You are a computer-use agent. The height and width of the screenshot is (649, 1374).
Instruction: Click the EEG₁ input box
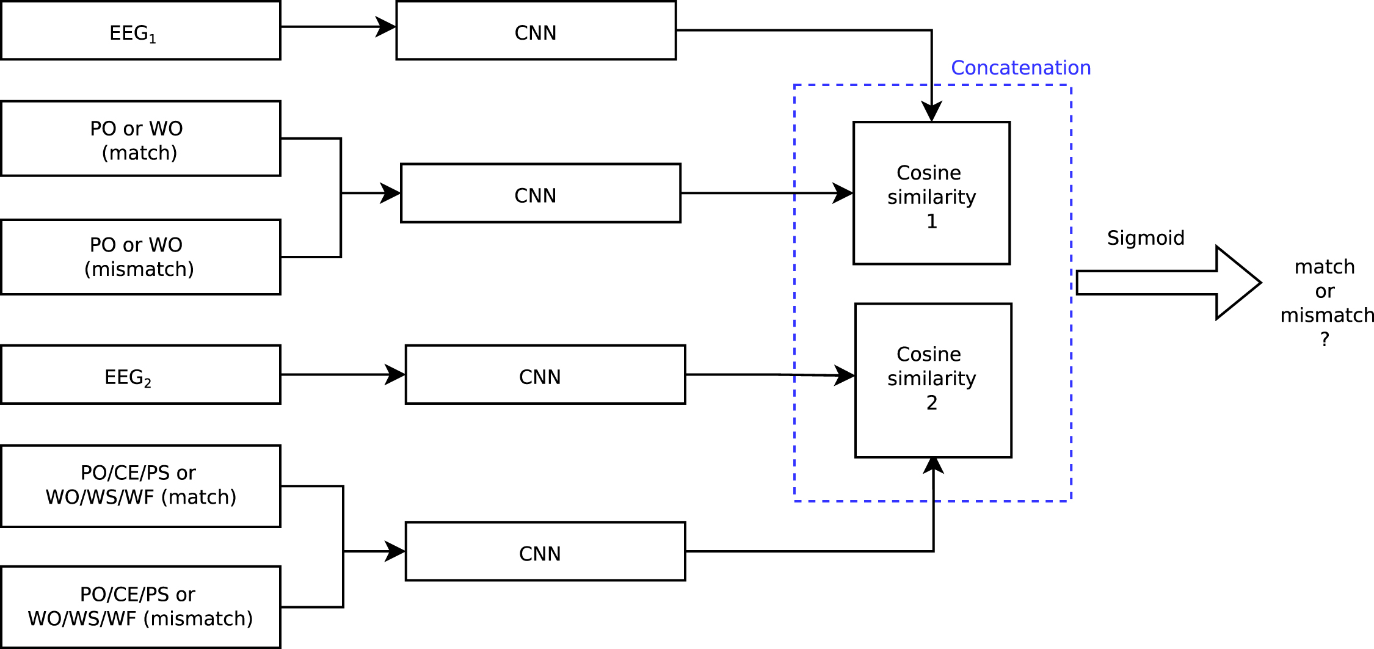(x=140, y=31)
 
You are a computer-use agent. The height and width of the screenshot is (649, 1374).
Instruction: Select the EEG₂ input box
(x=140, y=374)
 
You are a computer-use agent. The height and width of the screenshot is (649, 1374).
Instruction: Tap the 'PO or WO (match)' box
(x=140, y=139)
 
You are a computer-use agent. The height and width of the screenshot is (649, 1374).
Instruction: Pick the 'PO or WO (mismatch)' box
(x=140, y=257)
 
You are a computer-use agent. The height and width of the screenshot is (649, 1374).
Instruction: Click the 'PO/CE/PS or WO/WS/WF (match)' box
(x=140, y=486)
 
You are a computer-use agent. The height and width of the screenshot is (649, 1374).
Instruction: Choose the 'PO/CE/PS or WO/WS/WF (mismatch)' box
(x=140, y=607)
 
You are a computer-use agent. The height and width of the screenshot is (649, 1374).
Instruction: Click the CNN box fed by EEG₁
(x=536, y=31)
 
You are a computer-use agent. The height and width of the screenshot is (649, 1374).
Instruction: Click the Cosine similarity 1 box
(x=931, y=193)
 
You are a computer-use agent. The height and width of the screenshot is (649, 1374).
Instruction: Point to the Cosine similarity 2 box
(x=933, y=380)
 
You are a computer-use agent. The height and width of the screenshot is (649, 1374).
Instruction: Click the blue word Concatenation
(x=1020, y=68)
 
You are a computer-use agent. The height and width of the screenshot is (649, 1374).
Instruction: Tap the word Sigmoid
(x=1146, y=237)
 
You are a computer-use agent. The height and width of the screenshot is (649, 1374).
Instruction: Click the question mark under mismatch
(x=1325, y=339)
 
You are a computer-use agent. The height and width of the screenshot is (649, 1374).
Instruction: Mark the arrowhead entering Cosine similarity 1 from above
(x=931, y=112)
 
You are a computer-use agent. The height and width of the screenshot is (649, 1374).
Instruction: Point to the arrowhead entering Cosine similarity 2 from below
(x=933, y=465)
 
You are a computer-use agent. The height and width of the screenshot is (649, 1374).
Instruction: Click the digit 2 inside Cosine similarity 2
(x=931, y=403)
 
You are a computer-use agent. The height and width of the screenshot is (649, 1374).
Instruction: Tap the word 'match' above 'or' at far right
(x=1325, y=267)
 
